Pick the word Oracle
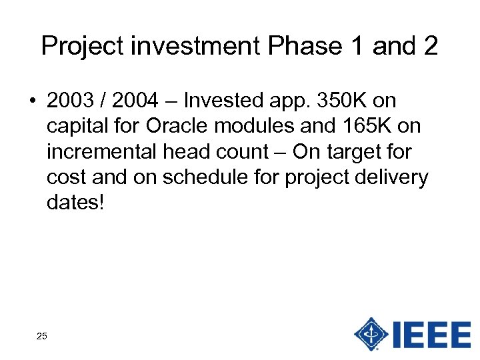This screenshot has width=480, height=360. (181, 127)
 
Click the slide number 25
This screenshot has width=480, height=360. (41, 336)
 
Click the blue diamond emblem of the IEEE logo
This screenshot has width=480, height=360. (371, 333)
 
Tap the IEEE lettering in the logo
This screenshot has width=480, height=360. (432, 333)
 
